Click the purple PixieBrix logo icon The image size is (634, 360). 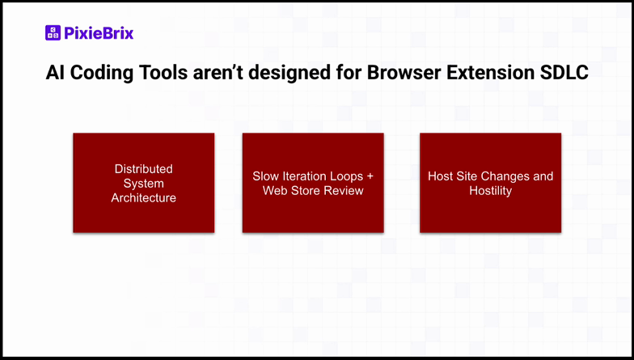[53, 33]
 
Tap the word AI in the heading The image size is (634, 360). [56, 74]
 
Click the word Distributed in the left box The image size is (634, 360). [144, 169]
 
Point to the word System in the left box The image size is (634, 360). [144, 184]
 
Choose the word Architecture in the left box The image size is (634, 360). [144, 198]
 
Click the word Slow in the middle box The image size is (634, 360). [266, 176]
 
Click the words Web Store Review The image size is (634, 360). [313, 191]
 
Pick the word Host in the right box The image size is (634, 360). [441, 176]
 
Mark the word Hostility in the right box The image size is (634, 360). [491, 191]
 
